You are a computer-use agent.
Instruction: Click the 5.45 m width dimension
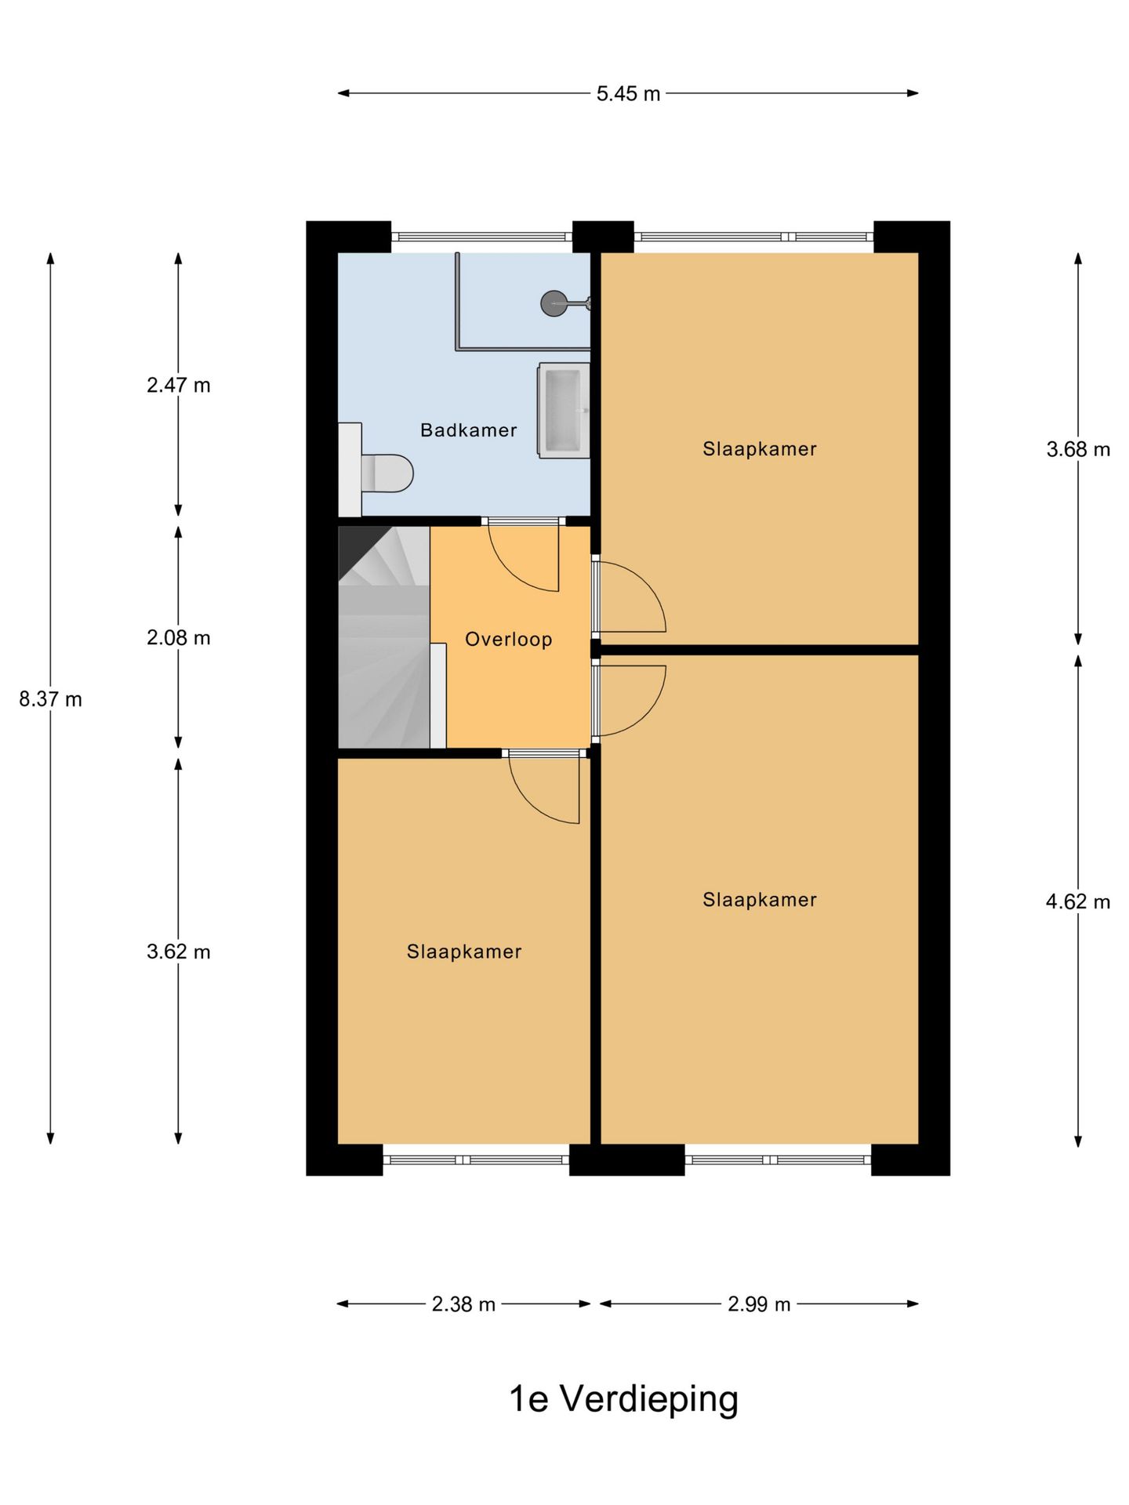click(627, 94)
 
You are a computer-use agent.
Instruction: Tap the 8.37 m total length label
click(50, 699)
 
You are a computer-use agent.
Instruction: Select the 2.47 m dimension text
click(179, 386)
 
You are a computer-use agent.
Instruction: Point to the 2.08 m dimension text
click(179, 638)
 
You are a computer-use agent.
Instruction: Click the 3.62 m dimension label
click(179, 952)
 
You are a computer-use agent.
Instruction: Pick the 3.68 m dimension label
click(1078, 449)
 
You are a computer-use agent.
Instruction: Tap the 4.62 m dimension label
click(1078, 901)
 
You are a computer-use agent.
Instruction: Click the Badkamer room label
click(468, 430)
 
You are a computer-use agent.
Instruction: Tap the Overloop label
click(508, 640)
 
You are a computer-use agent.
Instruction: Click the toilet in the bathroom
click(384, 473)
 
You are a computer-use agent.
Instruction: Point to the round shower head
click(554, 303)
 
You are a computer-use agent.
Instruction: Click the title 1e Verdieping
click(623, 1398)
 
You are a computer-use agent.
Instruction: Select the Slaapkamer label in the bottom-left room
click(463, 952)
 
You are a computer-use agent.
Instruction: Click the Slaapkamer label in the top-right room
click(759, 449)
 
